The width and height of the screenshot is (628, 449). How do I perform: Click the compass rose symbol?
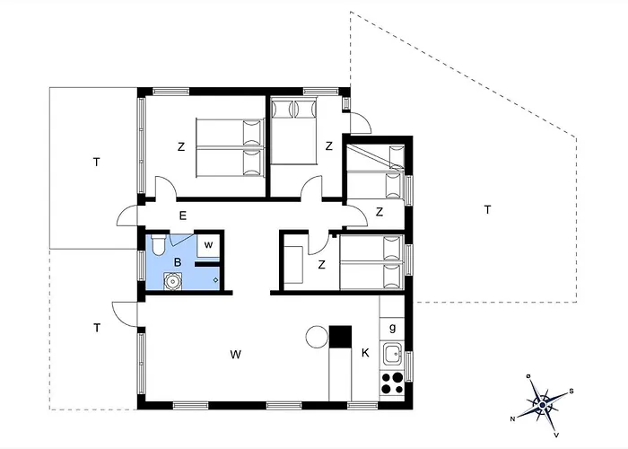point(542,403)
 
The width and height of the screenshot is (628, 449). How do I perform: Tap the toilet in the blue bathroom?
point(157,245)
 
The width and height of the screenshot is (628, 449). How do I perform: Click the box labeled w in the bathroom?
point(208,244)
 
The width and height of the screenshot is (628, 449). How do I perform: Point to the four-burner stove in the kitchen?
point(392,383)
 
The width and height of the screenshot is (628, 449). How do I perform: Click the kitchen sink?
point(392,353)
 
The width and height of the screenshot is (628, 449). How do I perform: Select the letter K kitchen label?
point(365,354)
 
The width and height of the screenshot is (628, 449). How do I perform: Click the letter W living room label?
point(235,354)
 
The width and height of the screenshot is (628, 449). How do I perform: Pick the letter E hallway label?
point(182,215)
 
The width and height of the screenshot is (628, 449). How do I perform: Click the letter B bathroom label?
point(178,262)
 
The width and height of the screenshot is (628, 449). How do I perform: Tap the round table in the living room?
point(317,337)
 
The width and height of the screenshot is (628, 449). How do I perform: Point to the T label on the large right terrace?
point(487,210)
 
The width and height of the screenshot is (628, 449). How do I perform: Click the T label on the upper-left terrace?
point(95,163)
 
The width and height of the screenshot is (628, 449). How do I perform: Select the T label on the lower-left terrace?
point(96,328)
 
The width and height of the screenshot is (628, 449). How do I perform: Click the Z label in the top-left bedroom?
point(180,145)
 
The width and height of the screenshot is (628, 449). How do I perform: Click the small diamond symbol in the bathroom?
point(216,280)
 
